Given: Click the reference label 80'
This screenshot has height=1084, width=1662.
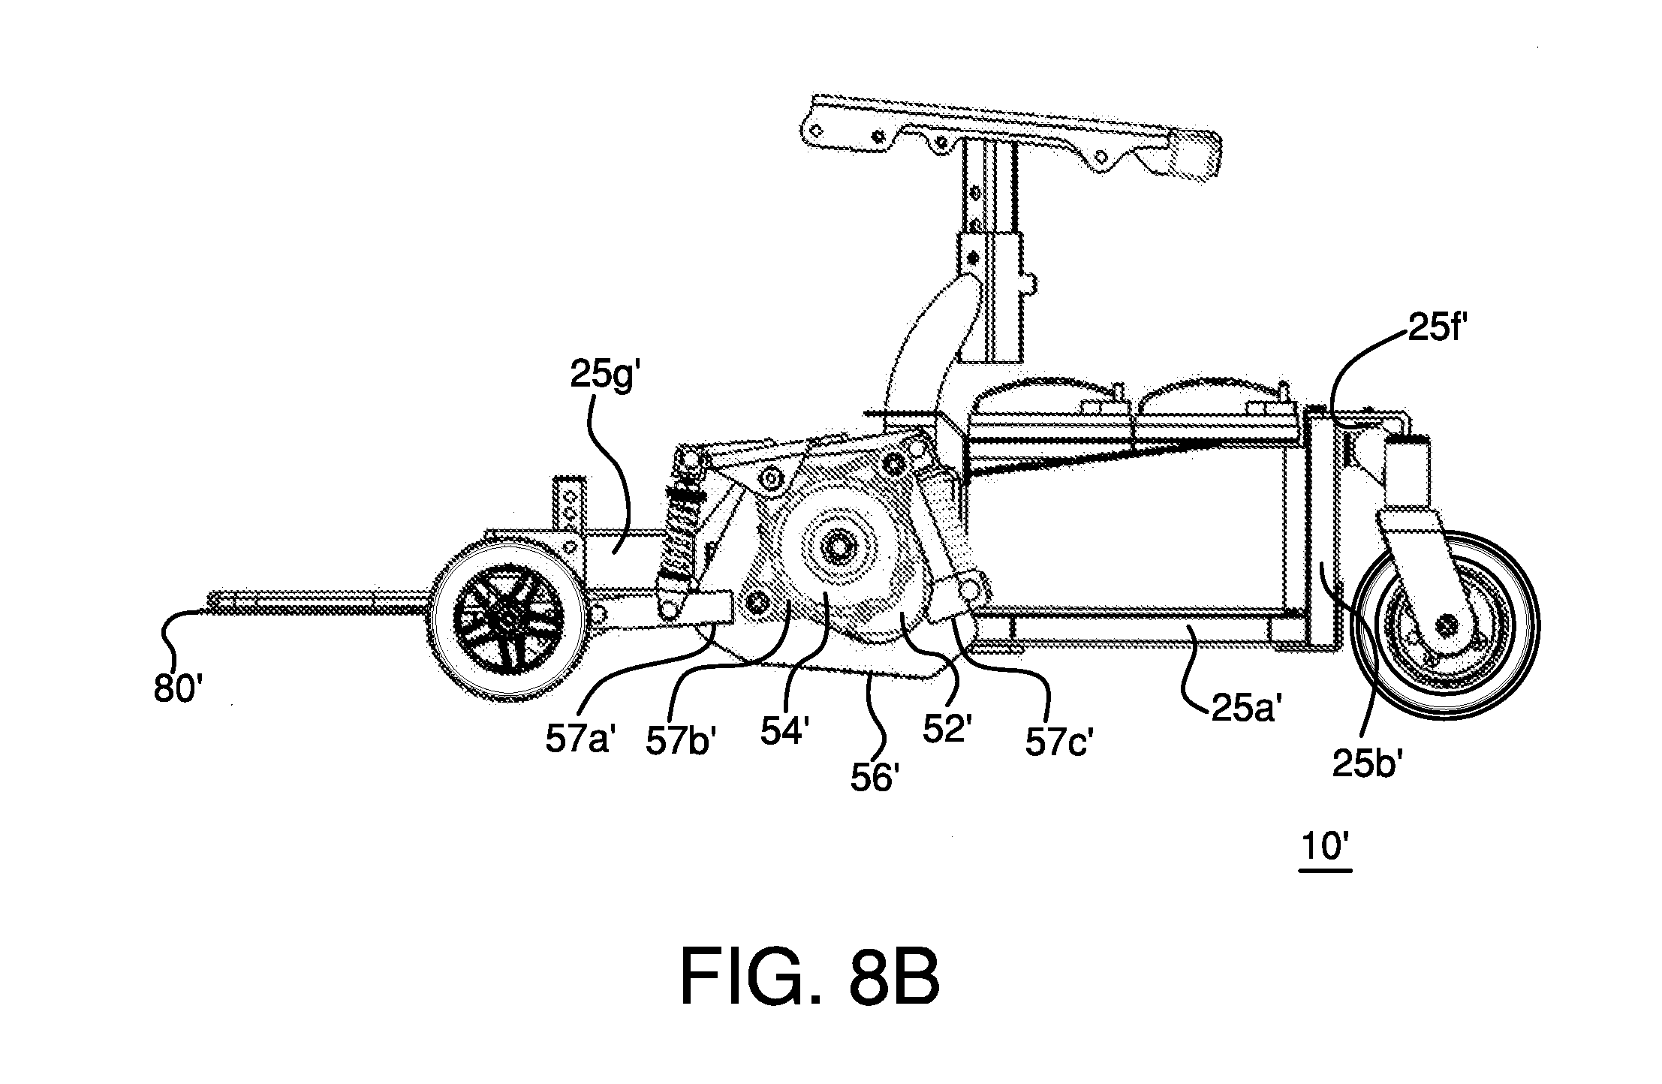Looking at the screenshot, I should point(178,688).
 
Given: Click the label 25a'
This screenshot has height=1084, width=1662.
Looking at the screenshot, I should point(1243,708).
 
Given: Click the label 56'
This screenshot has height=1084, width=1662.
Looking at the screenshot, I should point(875,777).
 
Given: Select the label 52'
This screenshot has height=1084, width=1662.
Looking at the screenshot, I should point(948,728).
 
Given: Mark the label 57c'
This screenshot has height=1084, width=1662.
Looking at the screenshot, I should point(1057,742).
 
